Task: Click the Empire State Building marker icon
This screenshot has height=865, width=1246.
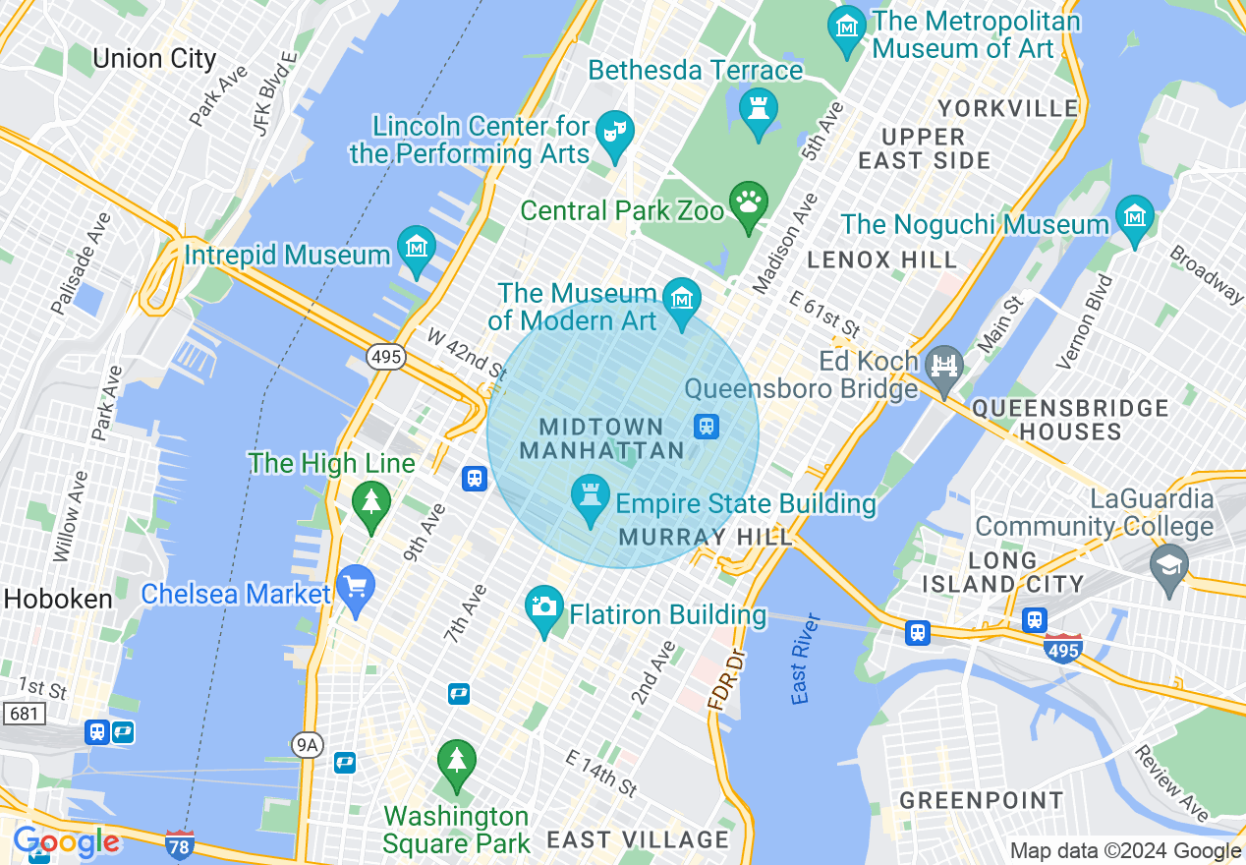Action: click(591, 498)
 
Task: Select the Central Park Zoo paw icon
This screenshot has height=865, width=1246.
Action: click(749, 203)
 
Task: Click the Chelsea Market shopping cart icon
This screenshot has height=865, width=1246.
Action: click(355, 587)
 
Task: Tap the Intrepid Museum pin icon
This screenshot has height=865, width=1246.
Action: click(417, 248)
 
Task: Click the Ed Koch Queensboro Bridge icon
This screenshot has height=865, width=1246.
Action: click(944, 367)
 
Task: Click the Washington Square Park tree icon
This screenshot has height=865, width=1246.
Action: click(456, 762)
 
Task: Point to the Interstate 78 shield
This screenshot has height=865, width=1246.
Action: click(179, 843)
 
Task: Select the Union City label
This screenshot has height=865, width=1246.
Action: click(154, 58)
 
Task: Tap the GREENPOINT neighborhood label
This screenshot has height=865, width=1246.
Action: click(982, 800)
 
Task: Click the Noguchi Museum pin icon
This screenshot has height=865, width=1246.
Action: click(1134, 217)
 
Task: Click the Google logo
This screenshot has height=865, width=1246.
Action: click(67, 842)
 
